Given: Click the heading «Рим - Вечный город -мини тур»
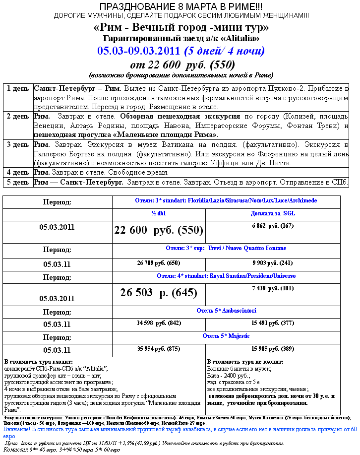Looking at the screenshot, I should (x=181, y=27).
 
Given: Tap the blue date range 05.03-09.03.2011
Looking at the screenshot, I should (x=139, y=51).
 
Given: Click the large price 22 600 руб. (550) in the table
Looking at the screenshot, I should (x=159, y=230).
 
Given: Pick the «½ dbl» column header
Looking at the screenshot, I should (x=159, y=213).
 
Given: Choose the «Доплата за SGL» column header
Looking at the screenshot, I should (x=272, y=213).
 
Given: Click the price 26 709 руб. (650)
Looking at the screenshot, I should (x=159, y=262).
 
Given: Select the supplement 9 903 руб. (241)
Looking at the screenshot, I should (x=272, y=262).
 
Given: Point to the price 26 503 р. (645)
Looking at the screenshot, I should (x=159, y=293).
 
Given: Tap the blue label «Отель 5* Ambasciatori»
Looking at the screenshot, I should (x=226, y=311).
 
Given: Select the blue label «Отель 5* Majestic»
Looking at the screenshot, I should (x=226, y=336).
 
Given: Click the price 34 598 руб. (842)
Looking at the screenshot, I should (x=159, y=323).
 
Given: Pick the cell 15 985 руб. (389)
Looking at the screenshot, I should (x=272, y=348).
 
